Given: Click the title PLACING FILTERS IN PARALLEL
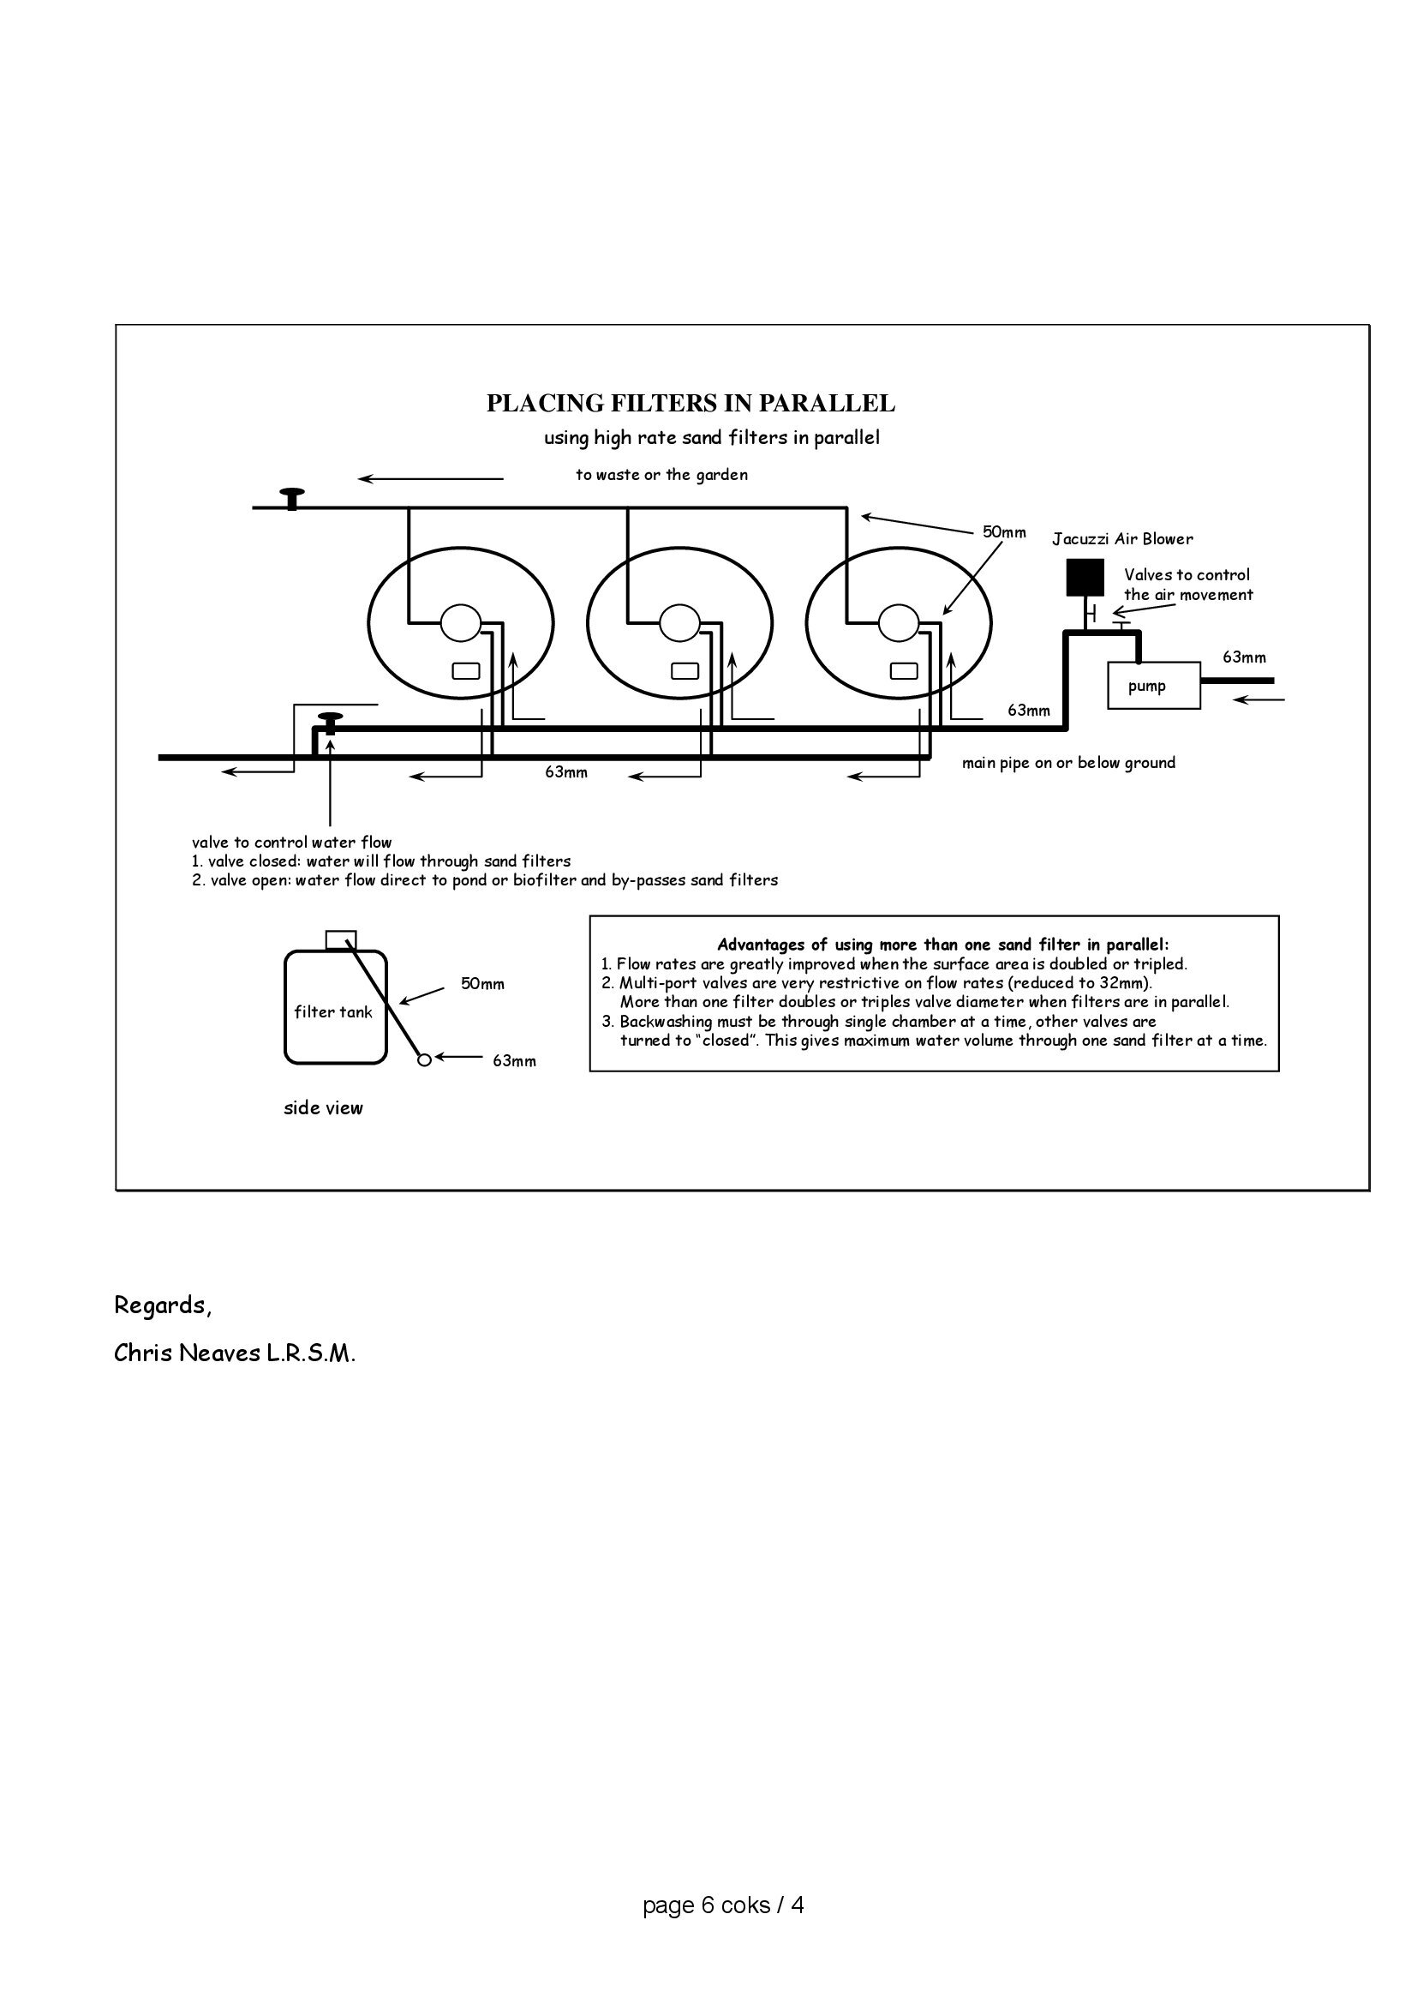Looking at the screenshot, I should pyautogui.click(x=691, y=403).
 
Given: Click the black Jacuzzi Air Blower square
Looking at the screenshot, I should pyautogui.click(x=1085, y=577).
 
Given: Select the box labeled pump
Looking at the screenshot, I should pyautogui.click(x=1153, y=685).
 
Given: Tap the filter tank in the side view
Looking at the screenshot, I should pyautogui.click(x=335, y=1007).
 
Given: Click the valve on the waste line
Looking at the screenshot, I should pyautogui.click(x=291, y=497).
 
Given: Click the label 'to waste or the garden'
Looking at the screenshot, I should pyautogui.click(x=661, y=475).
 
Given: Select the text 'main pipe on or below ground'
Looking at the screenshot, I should pyautogui.click(x=1068, y=763).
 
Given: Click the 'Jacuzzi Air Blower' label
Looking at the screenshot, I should pyautogui.click(x=1122, y=538).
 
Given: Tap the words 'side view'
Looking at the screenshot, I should pyautogui.click(x=323, y=1107).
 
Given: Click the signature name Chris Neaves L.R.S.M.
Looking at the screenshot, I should pyautogui.click(x=235, y=1353).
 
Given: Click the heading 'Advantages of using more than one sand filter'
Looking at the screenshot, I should pyautogui.click(x=942, y=945).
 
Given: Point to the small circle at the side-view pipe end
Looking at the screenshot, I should pyautogui.click(x=424, y=1060).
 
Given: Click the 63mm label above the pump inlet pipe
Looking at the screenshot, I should pyautogui.click(x=1243, y=657).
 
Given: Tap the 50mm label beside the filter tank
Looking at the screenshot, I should pyautogui.click(x=482, y=984).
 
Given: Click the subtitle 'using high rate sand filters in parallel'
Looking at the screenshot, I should pyautogui.click(x=711, y=437).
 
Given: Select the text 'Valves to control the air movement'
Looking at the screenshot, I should pyautogui.click(x=1187, y=585).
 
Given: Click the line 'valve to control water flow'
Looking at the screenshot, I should pyautogui.click(x=291, y=843).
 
